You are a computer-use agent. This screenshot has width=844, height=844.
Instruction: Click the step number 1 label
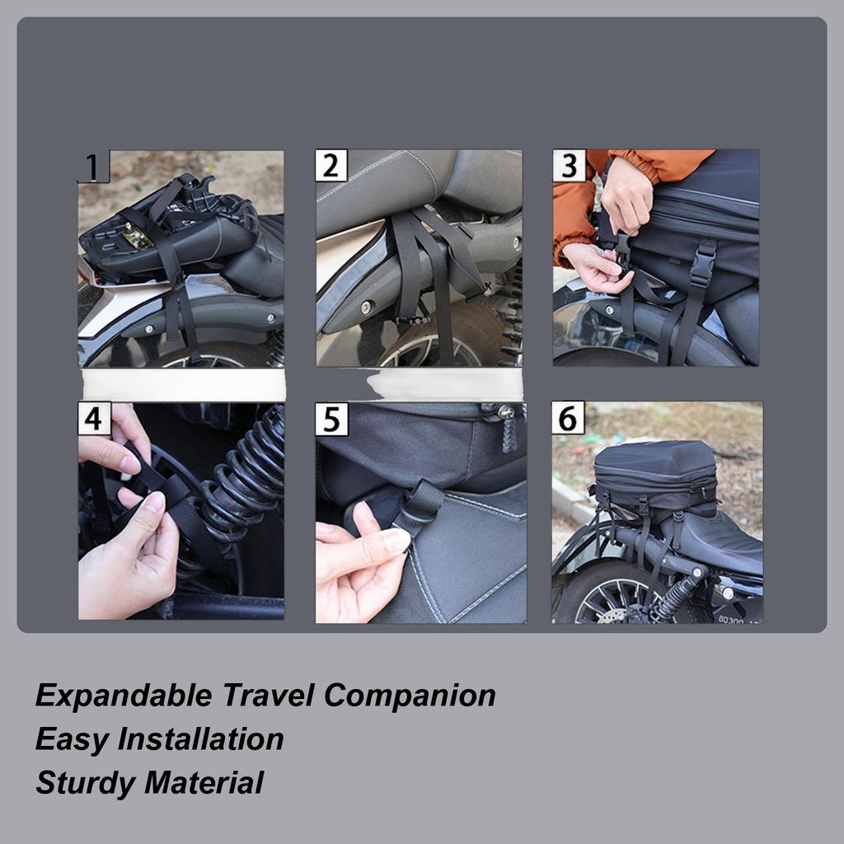point(93,166)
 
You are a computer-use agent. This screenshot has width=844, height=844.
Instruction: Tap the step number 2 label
point(331,166)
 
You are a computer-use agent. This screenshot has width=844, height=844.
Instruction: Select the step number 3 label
point(569,166)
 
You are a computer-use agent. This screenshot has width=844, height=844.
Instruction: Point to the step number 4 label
point(93,419)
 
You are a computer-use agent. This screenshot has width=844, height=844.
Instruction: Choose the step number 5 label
point(331,419)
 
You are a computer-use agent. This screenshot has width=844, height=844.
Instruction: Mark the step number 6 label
point(568,418)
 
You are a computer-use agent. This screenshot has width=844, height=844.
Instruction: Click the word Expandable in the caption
point(123,696)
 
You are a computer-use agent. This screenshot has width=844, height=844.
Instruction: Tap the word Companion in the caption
point(410,696)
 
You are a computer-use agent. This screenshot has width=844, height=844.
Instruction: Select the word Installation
point(200,739)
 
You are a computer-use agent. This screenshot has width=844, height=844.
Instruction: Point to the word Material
point(204,783)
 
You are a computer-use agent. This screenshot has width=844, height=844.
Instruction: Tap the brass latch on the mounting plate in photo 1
point(137,239)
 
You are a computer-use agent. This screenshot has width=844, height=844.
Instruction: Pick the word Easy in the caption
point(72,739)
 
